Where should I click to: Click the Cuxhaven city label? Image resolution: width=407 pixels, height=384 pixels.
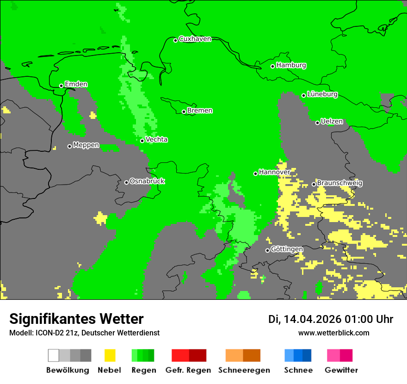[x=195, y=39]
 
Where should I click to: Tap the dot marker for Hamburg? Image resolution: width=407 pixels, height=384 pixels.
[x=273, y=66]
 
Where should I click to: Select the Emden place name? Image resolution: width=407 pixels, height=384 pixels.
[x=76, y=84]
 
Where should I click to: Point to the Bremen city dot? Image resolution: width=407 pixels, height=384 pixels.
[x=184, y=111]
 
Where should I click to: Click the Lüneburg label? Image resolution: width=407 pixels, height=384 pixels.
[x=322, y=94]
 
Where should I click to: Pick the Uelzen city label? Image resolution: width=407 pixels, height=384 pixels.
[x=332, y=121]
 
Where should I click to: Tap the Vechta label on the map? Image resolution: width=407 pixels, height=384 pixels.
[x=156, y=139]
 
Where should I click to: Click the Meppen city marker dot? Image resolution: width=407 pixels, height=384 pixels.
[x=69, y=146]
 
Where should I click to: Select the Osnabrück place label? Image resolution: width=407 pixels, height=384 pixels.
[x=147, y=181]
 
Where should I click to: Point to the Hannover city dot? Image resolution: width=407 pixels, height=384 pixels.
[x=255, y=173]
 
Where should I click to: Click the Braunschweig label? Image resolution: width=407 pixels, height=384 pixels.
[x=339, y=183]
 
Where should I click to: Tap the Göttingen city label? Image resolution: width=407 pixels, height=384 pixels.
[x=287, y=249]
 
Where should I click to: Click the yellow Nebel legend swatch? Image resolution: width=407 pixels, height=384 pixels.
[x=110, y=355]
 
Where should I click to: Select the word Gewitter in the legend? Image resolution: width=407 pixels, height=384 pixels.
[x=341, y=370]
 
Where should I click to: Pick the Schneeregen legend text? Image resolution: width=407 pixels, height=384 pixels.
[x=244, y=370]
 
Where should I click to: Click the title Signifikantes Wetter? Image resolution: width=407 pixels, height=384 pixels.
[x=76, y=319]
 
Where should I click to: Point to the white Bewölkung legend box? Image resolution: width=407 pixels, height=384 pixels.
[x=53, y=355]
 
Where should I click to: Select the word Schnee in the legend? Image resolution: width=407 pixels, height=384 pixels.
[x=298, y=370]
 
